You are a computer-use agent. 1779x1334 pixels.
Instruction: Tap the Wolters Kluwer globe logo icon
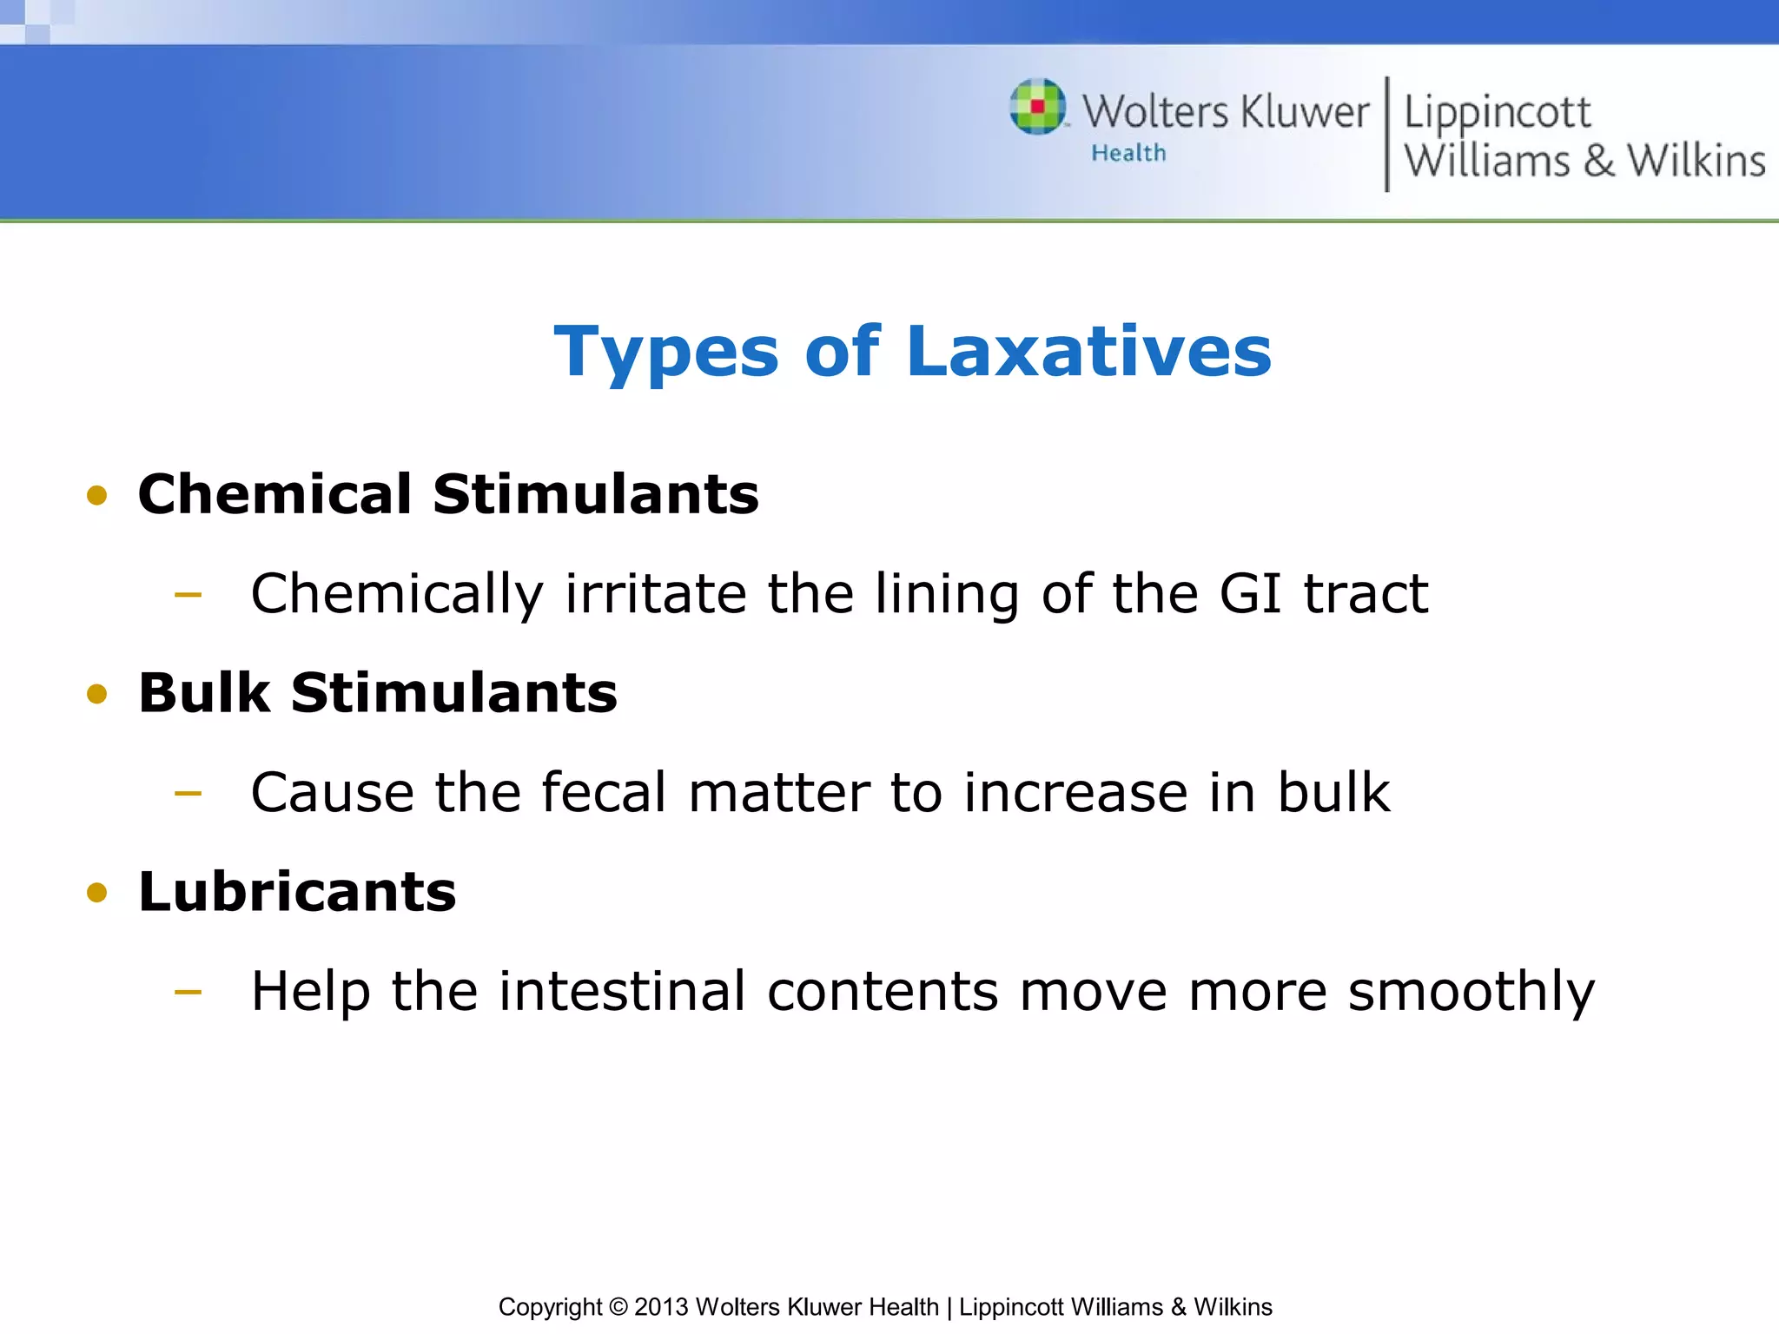1037,107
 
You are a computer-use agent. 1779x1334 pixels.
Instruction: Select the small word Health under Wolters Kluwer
1128,154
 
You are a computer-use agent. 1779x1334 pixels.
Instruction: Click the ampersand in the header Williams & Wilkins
1598,162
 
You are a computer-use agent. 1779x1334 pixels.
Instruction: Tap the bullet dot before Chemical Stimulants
96,496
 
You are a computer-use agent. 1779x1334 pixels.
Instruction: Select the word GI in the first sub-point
1250,594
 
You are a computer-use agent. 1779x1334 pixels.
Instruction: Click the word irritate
656,594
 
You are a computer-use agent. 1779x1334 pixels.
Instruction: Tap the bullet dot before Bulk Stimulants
96,694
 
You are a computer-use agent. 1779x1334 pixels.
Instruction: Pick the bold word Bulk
204,693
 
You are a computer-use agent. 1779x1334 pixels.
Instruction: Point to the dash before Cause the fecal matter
188,793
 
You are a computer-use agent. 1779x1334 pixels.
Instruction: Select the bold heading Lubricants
297,892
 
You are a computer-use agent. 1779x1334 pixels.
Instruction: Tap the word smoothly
1471,993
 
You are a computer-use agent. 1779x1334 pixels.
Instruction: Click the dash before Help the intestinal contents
188,991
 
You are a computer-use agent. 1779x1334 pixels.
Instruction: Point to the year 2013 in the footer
661,1307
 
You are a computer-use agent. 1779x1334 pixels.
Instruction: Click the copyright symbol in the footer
618,1307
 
